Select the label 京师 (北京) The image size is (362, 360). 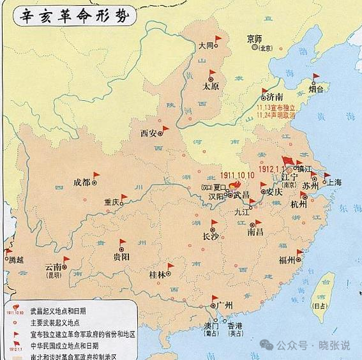coord(254,42)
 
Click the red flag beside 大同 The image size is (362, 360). coord(218,40)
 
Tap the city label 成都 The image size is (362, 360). coord(82,182)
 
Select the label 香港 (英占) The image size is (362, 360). coord(236,328)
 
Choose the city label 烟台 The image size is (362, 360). coord(316,90)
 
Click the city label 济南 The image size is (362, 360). coord(275,97)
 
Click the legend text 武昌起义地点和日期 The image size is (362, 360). coord(59,311)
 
